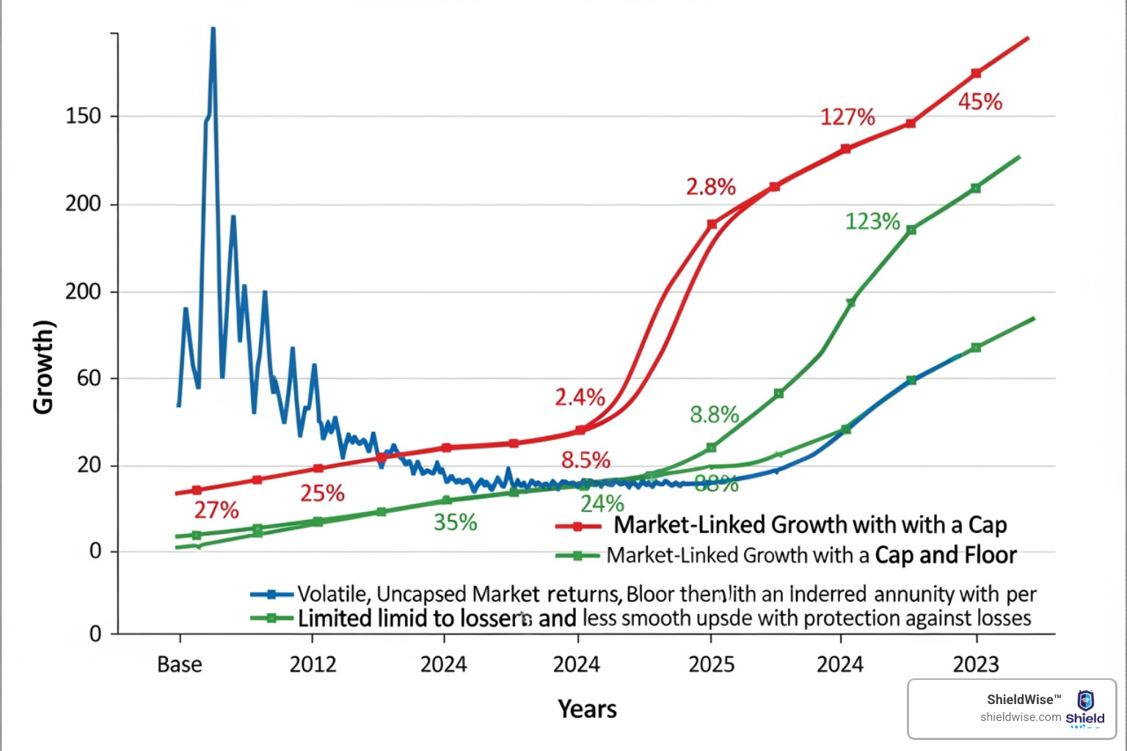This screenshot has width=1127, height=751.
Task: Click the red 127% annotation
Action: click(847, 117)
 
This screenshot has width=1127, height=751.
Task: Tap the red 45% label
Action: click(980, 102)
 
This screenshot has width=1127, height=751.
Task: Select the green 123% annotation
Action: click(872, 221)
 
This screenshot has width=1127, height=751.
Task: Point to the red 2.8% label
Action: click(710, 187)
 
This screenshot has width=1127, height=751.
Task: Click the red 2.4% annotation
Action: click(580, 398)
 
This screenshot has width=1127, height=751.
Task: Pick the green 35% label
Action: click(455, 523)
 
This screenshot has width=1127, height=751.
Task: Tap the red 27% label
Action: click(216, 510)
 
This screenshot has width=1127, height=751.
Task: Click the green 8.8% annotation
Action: click(714, 415)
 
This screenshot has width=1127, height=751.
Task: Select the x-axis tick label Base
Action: click(180, 664)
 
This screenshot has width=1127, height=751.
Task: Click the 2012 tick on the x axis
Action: click(313, 664)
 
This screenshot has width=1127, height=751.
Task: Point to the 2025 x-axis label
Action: click(711, 664)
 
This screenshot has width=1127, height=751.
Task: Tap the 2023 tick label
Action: click(976, 664)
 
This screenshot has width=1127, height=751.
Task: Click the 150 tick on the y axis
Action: click(83, 116)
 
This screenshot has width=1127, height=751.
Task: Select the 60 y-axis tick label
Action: click(89, 378)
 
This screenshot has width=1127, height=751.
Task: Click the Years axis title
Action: click(587, 709)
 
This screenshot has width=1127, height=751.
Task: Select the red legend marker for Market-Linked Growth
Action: click(578, 526)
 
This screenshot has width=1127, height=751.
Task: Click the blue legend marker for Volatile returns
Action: click(271, 594)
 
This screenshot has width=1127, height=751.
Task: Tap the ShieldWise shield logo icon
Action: click(1085, 700)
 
